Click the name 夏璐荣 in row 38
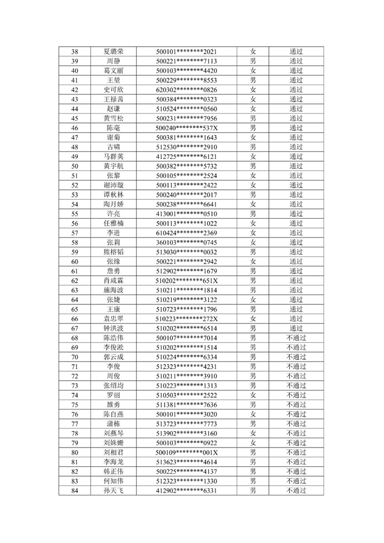(114, 52)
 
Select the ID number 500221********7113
(187, 61)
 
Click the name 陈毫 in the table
(114, 128)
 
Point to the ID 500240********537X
(187, 128)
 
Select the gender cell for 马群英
(253, 156)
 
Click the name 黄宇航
(114, 166)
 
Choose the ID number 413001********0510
(187, 214)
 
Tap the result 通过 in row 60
(296, 262)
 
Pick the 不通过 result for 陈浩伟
(296, 338)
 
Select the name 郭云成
(114, 357)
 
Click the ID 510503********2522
(187, 395)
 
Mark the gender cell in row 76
(253, 414)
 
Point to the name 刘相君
(114, 452)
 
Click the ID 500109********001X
(187, 452)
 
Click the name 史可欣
(114, 90)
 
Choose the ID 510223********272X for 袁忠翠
(187, 319)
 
